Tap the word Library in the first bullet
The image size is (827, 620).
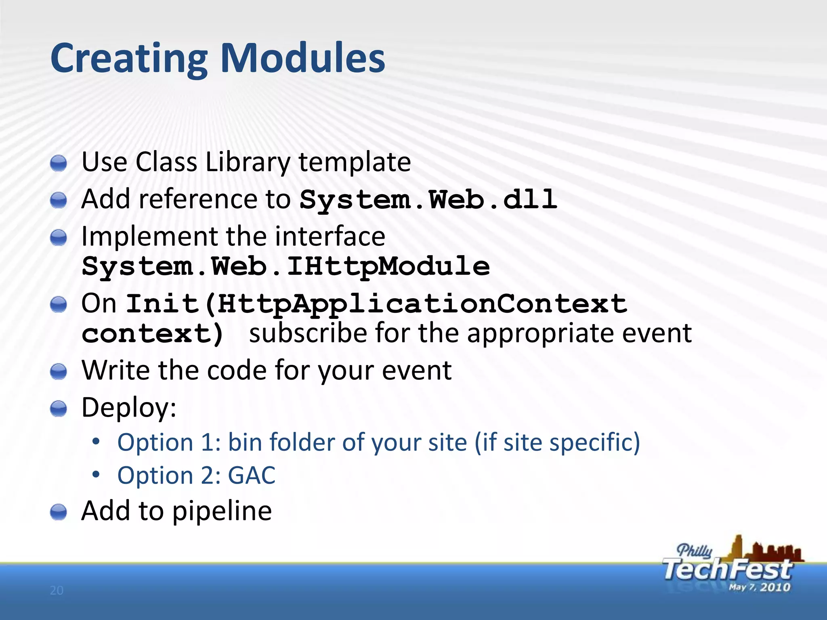click(x=248, y=162)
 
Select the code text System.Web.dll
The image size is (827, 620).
click(x=428, y=200)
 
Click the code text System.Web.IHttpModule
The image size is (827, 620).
click(x=285, y=266)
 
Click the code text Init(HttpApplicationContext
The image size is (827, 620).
click(x=376, y=304)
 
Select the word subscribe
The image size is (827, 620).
click(x=308, y=333)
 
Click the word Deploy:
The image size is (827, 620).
click(x=129, y=407)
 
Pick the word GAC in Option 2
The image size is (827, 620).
click(x=251, y=475)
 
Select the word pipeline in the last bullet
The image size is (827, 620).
click(x=222, y=511)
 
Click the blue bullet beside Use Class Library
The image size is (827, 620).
click(x=59, y=163)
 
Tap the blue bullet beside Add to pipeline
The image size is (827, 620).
click(x=59, y=512)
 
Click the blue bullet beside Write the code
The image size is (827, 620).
click(x=59, y=371)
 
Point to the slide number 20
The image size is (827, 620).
click(x=57, y=591)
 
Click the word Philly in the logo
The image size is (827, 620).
click(x=694, y=551)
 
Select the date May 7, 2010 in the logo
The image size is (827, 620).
click(x=759, y=587)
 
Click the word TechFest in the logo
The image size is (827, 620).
click(x=727, y=570)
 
